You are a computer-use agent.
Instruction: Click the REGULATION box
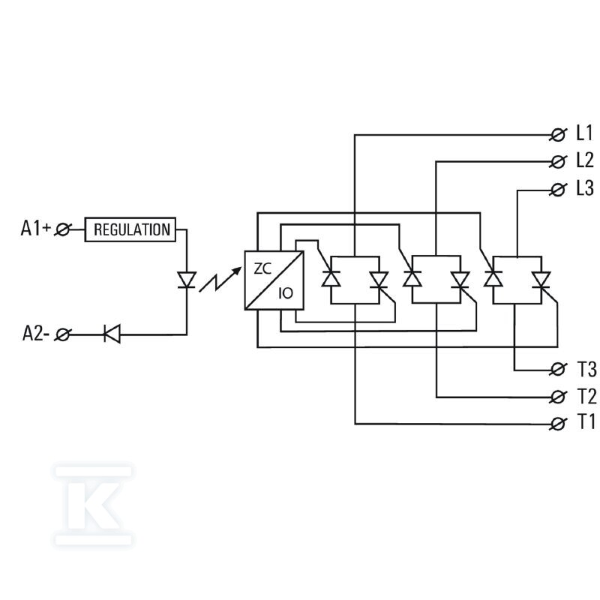point(130,229)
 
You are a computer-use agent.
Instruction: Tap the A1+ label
point(35,228)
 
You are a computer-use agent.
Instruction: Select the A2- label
point(36,333)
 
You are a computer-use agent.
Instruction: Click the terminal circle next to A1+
point(62,229)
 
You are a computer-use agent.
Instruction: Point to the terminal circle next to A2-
point(62,334)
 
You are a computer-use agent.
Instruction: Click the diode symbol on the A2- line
point(112,334)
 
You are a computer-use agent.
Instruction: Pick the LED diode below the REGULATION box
point(187,280)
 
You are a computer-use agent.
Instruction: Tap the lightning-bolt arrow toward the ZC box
point(220,279)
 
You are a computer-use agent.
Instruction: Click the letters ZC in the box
point(262,269)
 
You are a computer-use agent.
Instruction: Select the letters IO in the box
point(286,293)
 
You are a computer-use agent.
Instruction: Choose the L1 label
point(584,133)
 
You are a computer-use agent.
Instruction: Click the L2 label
point(585,160)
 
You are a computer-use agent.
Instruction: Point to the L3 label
point(585,188)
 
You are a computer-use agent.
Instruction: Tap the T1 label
point(586,422)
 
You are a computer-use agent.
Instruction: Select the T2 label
point(586,396)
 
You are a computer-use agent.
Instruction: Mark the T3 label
point(586,369)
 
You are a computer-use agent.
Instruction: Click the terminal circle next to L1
point(558,135)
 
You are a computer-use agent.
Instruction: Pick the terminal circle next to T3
point(558,370)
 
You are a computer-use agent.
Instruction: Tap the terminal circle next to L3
point(558,190)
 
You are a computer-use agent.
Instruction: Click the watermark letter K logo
point(94,505)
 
